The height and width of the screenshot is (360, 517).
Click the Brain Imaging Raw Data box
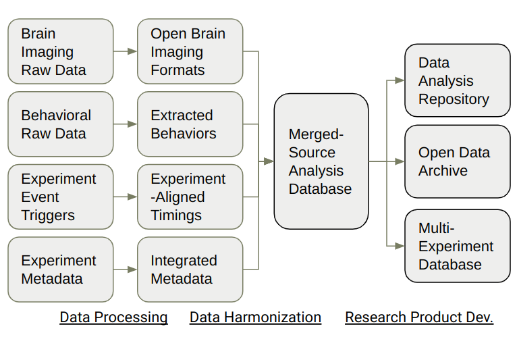tap(61, 51)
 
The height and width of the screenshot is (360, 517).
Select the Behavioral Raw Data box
tap(61, 124)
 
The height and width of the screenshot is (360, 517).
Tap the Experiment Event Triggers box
tap(61, 197)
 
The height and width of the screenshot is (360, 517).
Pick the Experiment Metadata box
tap(61, 269)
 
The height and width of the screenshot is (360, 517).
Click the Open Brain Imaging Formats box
tap(190, 51)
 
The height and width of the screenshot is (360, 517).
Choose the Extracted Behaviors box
tap(190, 124)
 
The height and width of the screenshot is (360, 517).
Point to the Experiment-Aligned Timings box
tap(190, 197)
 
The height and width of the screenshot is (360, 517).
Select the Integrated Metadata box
tap(190, 269)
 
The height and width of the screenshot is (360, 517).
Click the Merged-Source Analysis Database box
tap(321, 161)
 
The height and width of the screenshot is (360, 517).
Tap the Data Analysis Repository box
tap(457, 80)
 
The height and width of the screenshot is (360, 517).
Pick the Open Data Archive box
tap(457, 161)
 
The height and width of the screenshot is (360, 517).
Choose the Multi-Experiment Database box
tap(457, 246)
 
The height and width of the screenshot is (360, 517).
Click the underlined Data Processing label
tap(113, 317)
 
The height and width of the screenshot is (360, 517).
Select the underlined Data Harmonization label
tap(255, 317)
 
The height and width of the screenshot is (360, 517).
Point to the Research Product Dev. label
tap(419, 317)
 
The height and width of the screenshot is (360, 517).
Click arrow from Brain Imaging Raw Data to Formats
tap(126, 51)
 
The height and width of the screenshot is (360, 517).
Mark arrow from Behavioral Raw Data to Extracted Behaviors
tap(126, 124)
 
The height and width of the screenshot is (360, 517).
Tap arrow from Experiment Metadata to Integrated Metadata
tap(126, 269)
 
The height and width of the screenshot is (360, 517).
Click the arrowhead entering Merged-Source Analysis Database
tap(269, 161)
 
